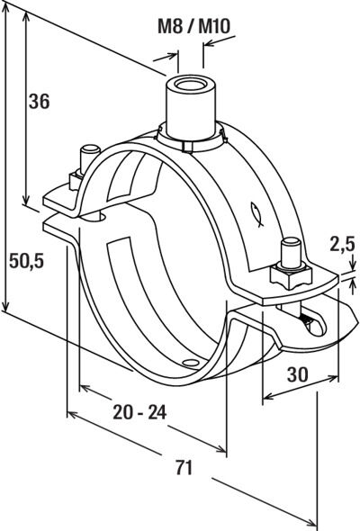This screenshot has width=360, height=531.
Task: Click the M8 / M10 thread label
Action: [193, 26]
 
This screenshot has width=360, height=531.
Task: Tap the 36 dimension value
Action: [39, 101]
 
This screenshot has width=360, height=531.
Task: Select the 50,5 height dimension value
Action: [26, 261]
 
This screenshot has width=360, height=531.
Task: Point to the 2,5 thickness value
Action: [342, 244]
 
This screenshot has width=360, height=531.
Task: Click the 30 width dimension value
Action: [298, 374]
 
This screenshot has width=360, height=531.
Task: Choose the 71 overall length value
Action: [184, 467]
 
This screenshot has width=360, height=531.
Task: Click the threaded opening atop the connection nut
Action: [191, 84]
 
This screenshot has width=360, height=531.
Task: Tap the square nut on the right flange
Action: [290, 274]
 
